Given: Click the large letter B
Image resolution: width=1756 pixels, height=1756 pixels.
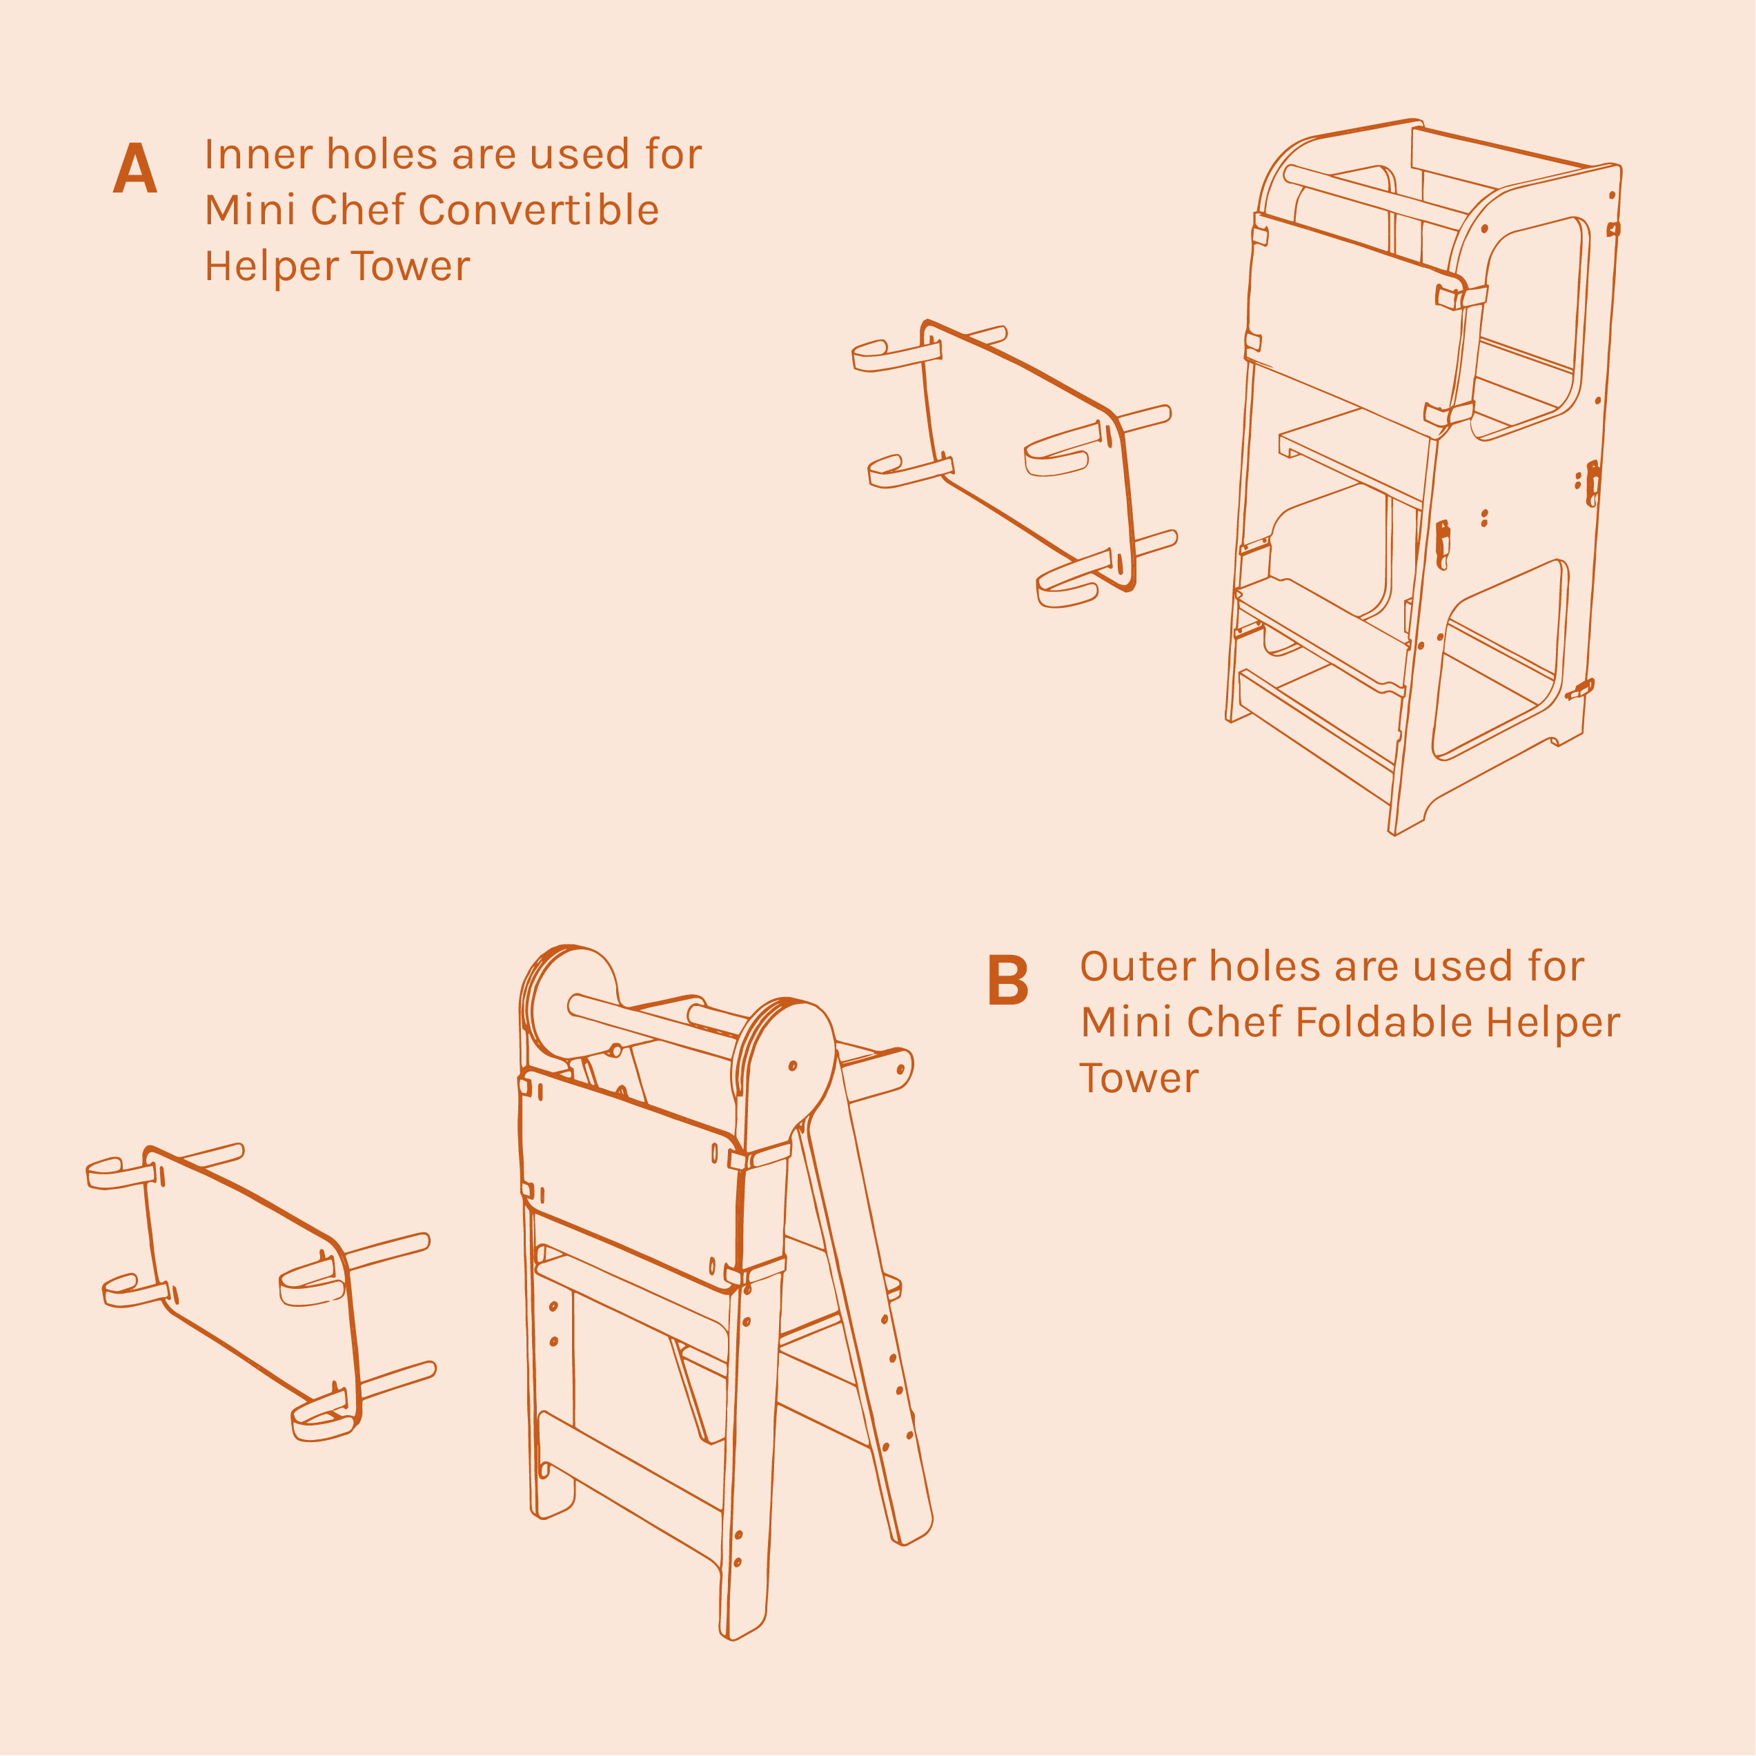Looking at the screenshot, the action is coord(1007,980).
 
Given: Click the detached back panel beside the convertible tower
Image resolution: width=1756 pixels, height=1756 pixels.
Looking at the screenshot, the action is coord(1027,455).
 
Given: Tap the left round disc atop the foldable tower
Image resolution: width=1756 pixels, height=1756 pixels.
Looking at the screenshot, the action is coord(571,1002).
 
